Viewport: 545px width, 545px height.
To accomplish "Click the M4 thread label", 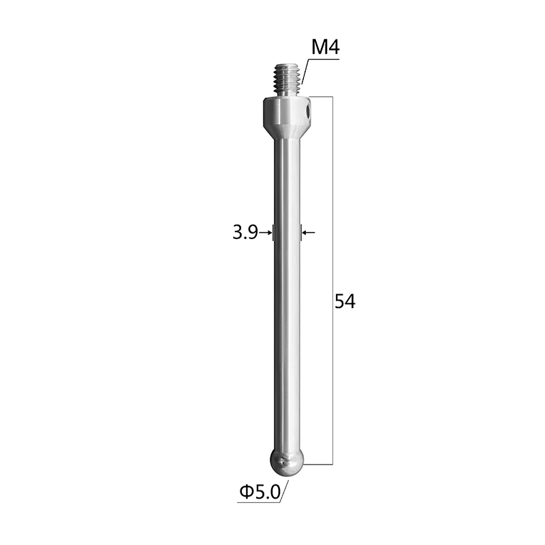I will pos(325,48).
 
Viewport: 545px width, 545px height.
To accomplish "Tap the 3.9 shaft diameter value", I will pos(244,233).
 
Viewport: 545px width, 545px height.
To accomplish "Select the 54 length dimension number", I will pos(345,301).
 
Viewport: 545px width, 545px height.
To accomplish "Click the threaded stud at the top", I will pos(287,79).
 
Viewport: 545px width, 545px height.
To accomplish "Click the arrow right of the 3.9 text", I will pos(266,233).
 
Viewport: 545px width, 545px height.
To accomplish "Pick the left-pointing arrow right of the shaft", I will pos(309,233).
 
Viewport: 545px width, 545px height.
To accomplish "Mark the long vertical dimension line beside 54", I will pos(332,204).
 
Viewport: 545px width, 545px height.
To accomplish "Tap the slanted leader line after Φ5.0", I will pos(285,491).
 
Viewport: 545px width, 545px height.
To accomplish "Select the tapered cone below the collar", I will pos(286,127).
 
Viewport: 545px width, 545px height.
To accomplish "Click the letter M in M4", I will pos(319,48).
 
